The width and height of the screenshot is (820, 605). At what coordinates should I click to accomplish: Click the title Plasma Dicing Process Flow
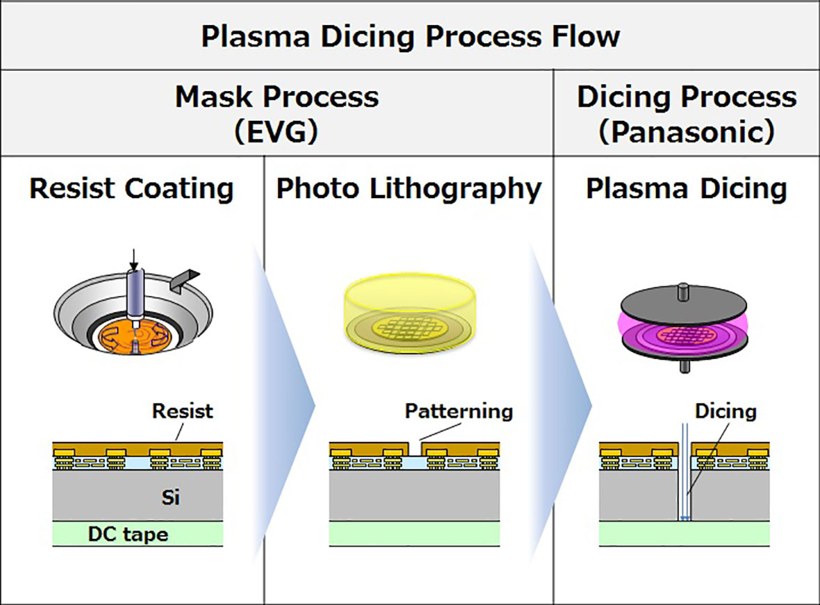[x=410, y=36]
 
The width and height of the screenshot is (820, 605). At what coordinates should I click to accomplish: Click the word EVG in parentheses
[x=277, y=131]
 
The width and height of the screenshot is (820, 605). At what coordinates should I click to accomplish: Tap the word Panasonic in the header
[x=687, y=131]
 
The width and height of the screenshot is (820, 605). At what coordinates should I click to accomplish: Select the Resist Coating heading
[x=132, y=189]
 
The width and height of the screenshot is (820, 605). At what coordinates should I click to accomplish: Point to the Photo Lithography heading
[x=408, y=189]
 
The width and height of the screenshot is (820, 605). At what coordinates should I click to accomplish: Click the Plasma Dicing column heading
[x=687, y=189]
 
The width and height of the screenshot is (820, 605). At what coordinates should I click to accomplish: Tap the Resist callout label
[x=183, y=411]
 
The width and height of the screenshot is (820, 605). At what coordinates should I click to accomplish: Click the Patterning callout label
[x=459, y=411]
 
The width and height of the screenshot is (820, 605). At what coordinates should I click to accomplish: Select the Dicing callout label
[x=726, y=411]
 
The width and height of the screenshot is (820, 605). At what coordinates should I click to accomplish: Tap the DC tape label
[x=128, y=534]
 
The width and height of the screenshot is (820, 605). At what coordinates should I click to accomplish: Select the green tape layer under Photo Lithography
[x=414, y=534]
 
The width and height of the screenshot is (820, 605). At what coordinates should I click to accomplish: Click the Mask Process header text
[x=277, y=97]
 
